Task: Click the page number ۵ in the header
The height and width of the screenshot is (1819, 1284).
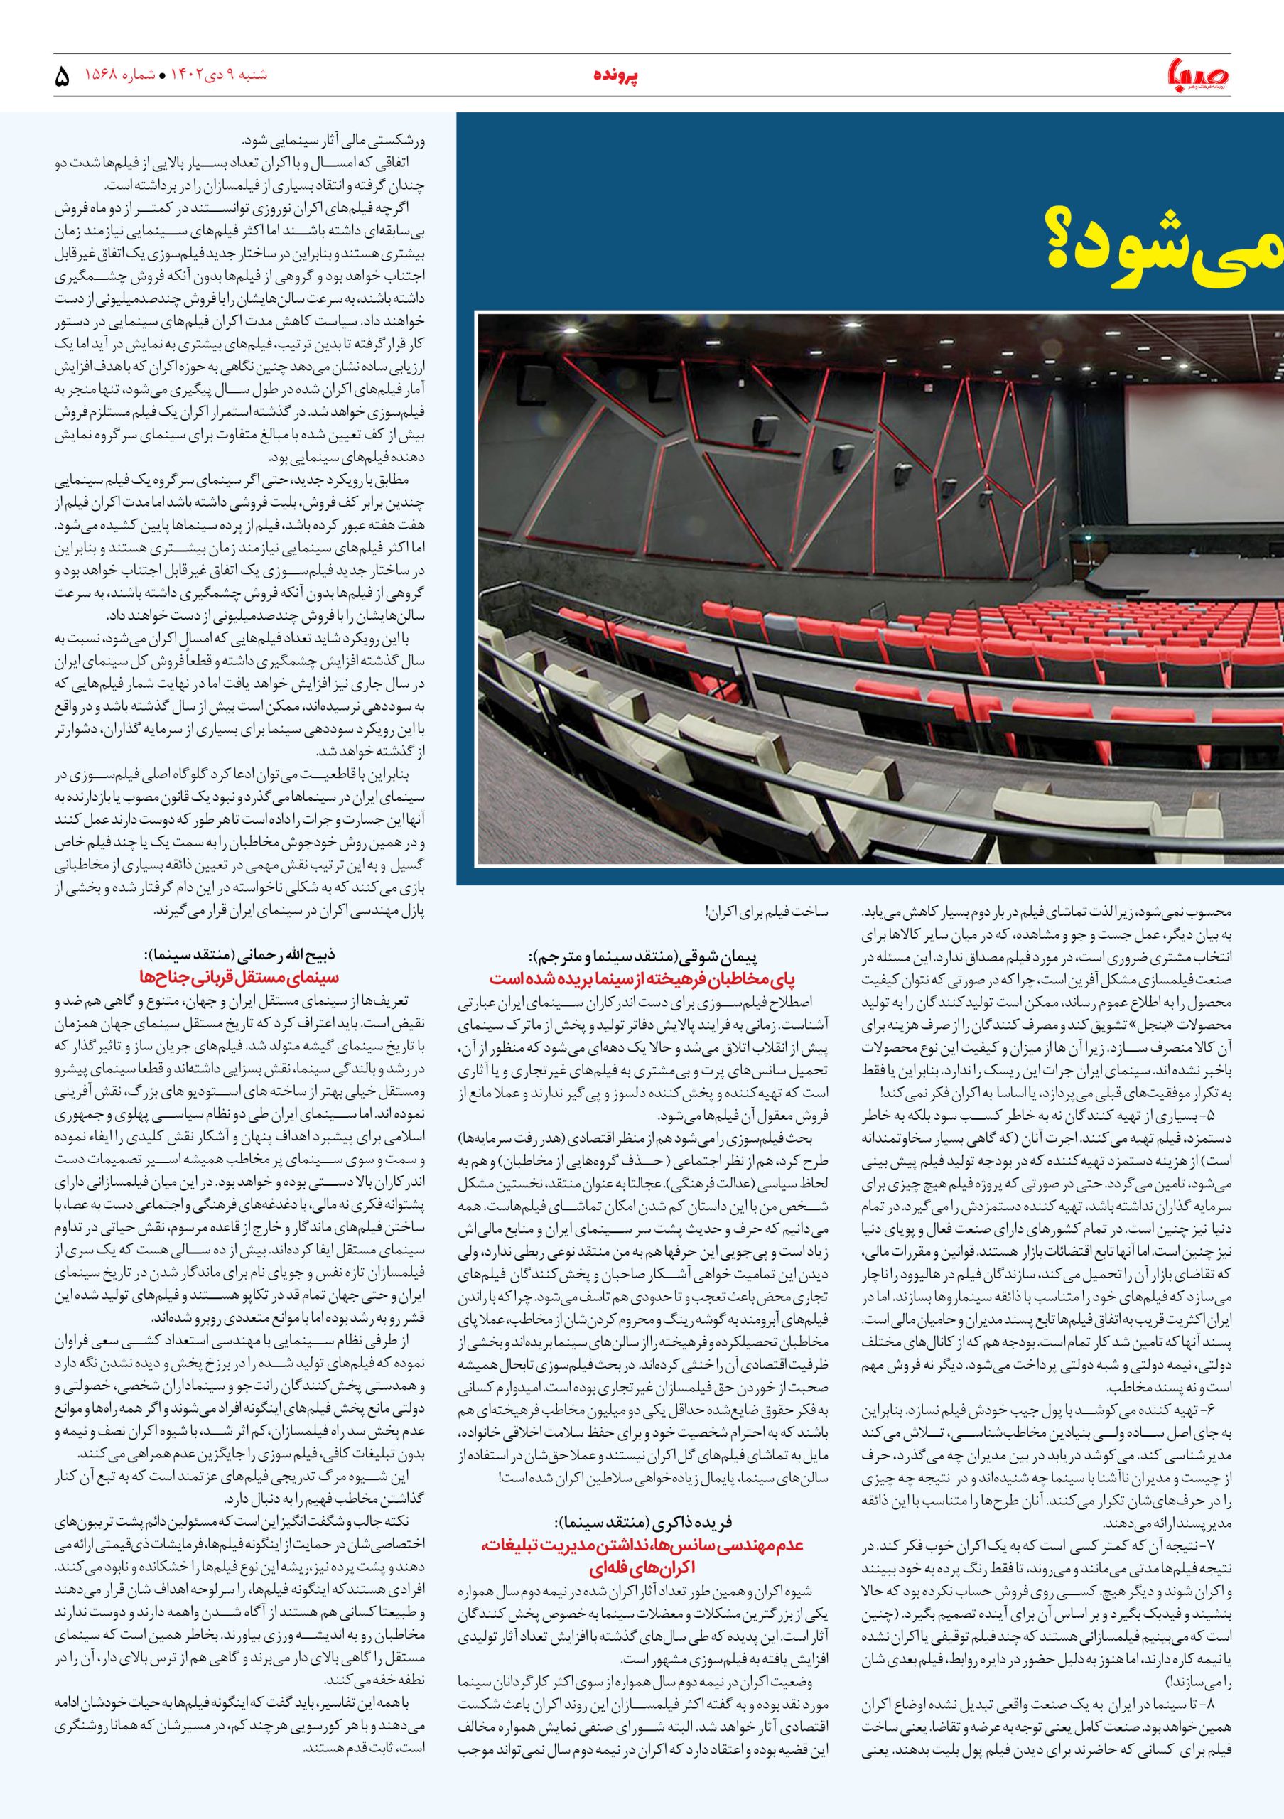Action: click(62, 77)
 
